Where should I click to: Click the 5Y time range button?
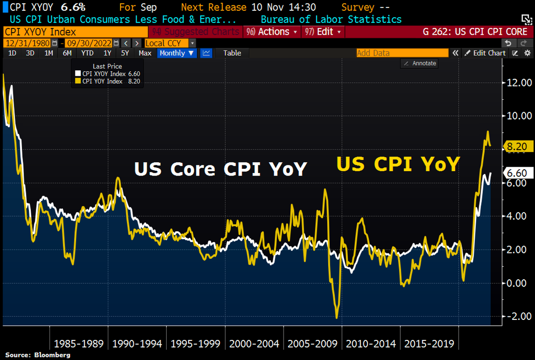pyautogui.click(x=125, y=53)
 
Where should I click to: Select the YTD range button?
pyautogui.click(x=87, y=53)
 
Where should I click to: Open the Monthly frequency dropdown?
pyautogui.click(x=177, y=53)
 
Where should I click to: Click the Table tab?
pyautogui.click(x=232, y=53)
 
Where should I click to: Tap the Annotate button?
pyautogui.click(x=419, y=63)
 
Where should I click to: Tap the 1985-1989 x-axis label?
pyautogui.click(x=78, y=344)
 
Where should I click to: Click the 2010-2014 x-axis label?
pyautogui.click(x=371, y=344)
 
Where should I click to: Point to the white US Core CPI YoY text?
pyautogui.click(x=221, y=169)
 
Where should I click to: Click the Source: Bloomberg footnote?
pyautogui.click(x=38, y=355)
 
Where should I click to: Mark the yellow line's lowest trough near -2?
pyautogui.click(x=337, y=317)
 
